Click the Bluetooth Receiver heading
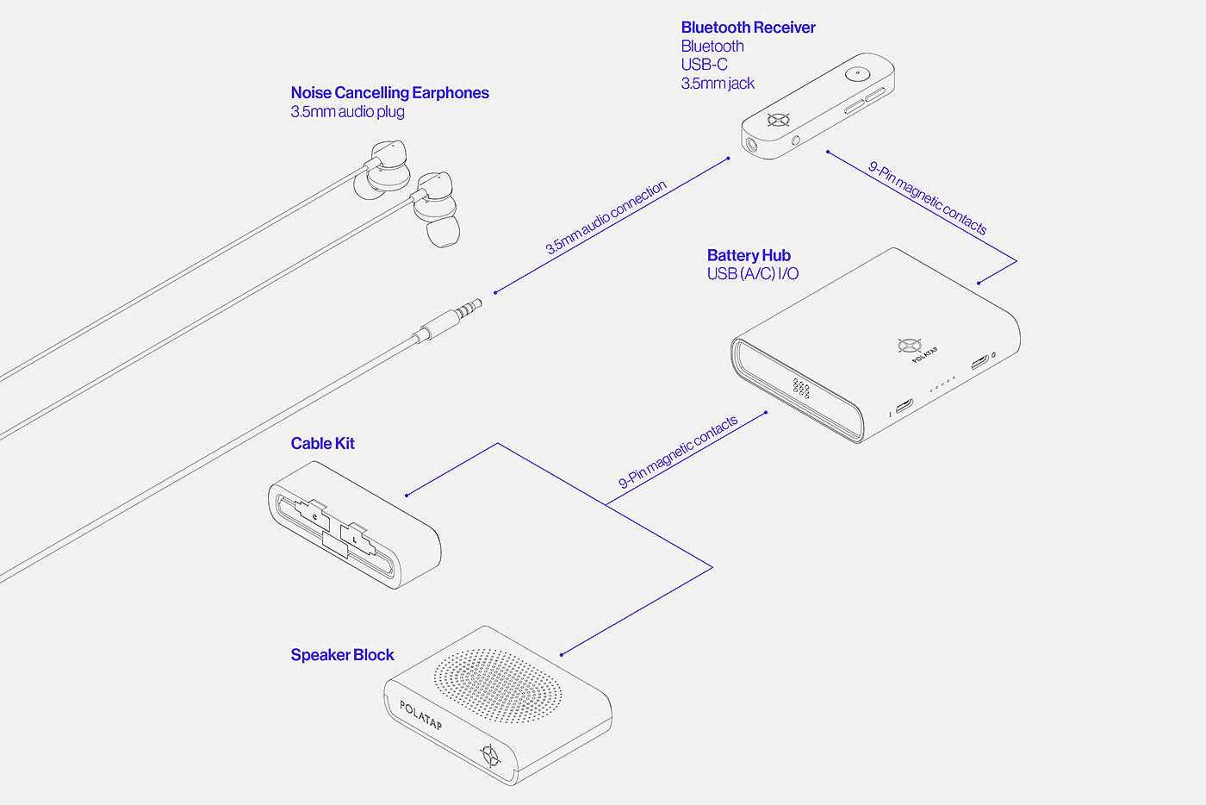pos(748,28)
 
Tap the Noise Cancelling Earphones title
pos(389,93)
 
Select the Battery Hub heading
pos(749,255)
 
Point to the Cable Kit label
pos(322,444)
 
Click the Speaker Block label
pos(343,655)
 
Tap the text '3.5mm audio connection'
pos(606,217)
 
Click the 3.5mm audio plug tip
pos(479,303)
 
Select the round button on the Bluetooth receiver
pos(857,73)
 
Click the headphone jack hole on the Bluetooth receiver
pos(750,145)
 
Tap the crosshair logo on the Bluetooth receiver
pos(779,120)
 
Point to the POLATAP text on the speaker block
pos(420,715)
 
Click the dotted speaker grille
pos(498,686)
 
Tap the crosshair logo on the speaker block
pos(490,755)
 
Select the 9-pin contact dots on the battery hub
pos(800,387)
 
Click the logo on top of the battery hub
pos(910,346)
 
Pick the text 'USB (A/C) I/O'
pos(753,274)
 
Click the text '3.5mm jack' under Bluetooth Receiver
pos(718,84)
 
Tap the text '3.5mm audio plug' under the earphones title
pos(347,111)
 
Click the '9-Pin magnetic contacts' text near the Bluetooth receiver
pos(928,198)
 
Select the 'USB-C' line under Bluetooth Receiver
pos(705,65)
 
